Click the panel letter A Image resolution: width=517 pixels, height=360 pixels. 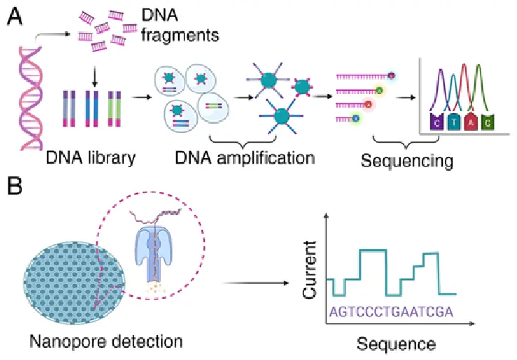tap(14, 16)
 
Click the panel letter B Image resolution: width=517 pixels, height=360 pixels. tap(14, 186)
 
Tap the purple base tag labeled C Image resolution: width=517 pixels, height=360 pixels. tap(437, 122)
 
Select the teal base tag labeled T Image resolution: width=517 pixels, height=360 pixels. tap(454, 122)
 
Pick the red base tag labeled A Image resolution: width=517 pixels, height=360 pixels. tap(471, 122)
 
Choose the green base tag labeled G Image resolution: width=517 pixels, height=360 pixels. tap(487, 122)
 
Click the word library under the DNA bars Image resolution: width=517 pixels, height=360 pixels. tap(111, 159)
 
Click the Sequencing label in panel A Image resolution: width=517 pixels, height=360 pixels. tap(407, 162)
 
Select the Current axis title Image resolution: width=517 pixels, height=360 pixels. tap(310, 270)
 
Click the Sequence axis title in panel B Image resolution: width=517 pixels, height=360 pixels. tap(396, 344)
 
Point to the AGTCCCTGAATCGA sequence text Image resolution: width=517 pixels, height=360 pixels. tap(392, 312)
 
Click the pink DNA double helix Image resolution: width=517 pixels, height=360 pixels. tap(31, 98)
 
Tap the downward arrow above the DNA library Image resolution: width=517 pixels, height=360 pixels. tap(95, 77)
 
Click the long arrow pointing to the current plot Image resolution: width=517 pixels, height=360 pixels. tap(256, 283)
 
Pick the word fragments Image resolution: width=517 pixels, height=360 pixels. tap(180, 36)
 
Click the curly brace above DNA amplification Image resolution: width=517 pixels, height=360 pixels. tap(242, 141)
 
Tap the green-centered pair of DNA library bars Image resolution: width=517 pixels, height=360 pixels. tap(115, 109)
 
